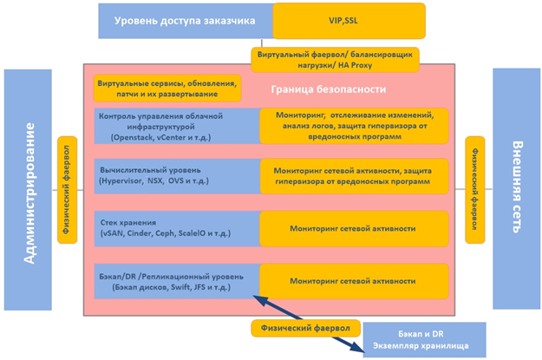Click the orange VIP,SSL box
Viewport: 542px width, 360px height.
[x=349, y=21]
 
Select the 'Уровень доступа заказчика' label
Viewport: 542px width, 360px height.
[x=185, y=21]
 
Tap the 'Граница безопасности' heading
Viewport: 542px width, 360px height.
[x=329, y=89]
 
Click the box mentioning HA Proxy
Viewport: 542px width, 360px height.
[x=335, y=60]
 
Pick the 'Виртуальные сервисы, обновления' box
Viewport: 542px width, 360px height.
[x=167, y=88]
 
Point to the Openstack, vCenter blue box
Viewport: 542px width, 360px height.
[x=177, y=127]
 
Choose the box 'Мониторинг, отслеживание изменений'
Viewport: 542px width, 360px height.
[x=354, y=126]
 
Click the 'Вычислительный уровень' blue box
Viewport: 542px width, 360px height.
[x=177, y=176]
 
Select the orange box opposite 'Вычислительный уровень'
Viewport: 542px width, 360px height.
[x=354, y=176]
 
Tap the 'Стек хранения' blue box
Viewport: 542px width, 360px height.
[x=177, y=229]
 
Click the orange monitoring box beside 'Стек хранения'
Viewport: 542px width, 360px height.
[x=354, y=229]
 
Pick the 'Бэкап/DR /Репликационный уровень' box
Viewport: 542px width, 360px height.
[x=177, y=281]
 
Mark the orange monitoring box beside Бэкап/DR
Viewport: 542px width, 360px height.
[x=354, y=281]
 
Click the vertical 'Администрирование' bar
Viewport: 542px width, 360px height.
[x=28, y=189]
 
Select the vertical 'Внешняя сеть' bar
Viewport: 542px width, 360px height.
[x=517, y=188]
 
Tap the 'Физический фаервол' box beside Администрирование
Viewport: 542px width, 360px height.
[x=67, y=190]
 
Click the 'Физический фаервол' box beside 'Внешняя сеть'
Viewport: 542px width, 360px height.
[x=475, y=190]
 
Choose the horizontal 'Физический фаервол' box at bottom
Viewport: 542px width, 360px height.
[x=305, y=328]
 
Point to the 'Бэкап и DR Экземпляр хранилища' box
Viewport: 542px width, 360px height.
[x=424, y=340]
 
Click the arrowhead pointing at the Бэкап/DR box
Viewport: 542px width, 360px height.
[x=259, y=300]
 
